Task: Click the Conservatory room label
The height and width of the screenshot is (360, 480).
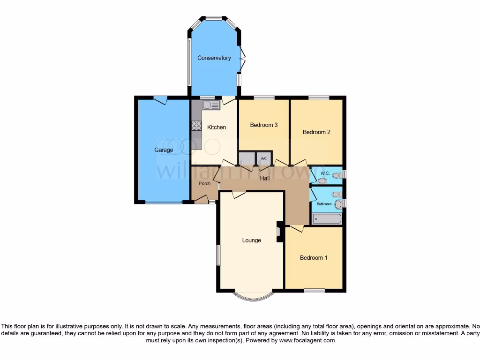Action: coord(214,58)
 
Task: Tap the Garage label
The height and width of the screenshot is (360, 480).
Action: coord(164,150)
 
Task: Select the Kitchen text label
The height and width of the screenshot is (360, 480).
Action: coord(217,127)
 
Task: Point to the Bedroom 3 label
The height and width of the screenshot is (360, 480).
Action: coord(264,125)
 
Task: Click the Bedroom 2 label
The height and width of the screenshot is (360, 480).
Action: coord(316,132)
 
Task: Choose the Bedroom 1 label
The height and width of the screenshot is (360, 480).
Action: coord(314,257)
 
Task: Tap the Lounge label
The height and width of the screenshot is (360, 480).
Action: coord(251,240)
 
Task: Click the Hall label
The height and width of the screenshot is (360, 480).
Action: coord(265,178)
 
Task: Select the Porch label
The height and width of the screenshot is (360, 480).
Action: coord(204,183)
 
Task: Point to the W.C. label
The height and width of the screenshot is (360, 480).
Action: coord(325,173)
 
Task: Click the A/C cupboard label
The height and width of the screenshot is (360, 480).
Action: coord(263,158)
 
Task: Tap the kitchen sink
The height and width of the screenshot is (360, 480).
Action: coord(211,105)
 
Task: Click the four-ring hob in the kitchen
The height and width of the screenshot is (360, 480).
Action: coord(196,126)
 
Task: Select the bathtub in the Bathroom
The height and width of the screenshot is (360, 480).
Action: coord(327,219)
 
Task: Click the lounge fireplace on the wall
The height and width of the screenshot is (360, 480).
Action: coord(279,231)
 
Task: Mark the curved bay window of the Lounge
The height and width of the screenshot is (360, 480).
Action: coord(253,297)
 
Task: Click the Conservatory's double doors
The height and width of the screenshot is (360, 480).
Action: coord(242,60)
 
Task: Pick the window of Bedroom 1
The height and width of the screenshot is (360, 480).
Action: coord(314,291)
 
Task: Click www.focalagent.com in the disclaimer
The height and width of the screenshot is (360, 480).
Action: coord(307,340)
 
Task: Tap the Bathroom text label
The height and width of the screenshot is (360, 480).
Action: coord(324,204)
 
